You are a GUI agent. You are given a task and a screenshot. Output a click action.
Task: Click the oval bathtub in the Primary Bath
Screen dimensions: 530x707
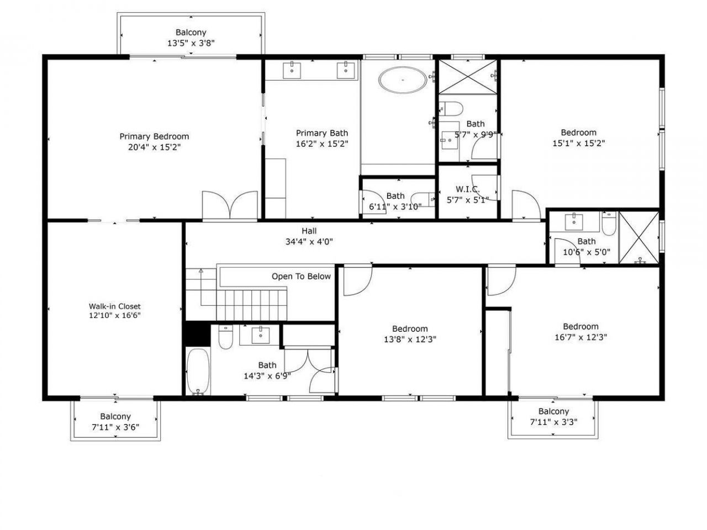403,80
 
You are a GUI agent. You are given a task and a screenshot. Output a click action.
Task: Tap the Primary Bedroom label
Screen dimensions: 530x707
154,136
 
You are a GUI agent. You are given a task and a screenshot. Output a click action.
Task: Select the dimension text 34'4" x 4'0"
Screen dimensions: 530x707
309,241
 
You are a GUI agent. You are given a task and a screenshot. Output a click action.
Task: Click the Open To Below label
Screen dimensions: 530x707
301,276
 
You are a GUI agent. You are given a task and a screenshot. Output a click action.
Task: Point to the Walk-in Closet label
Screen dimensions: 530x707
115,306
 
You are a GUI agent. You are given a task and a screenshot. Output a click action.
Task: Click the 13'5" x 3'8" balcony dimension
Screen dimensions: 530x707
191,43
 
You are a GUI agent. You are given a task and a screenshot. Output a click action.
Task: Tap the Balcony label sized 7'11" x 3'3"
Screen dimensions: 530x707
553,411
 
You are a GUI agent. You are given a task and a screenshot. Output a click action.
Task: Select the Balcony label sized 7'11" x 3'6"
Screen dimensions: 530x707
115,416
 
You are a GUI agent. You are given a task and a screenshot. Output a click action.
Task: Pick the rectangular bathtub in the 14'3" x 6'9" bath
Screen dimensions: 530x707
197,371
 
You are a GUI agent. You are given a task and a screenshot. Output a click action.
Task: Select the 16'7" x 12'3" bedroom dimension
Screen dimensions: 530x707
581,337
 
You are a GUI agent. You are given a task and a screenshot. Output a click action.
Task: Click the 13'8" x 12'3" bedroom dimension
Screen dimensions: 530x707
410,340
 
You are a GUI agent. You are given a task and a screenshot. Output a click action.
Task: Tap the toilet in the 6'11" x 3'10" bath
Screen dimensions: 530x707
426,197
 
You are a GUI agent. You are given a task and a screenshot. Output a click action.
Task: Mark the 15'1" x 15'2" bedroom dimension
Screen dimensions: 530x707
578,143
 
